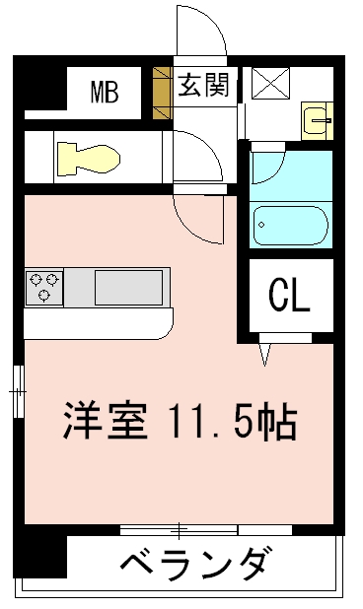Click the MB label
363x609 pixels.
[x=105, y=92]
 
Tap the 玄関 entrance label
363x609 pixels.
[x=203, y=85]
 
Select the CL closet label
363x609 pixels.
[x=290, y=296]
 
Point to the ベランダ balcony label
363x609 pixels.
[x=194, y=563]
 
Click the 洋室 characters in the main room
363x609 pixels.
[x=106, y=421]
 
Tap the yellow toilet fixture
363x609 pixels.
[x=89, y=158]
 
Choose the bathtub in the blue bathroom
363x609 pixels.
[x=291, y=226]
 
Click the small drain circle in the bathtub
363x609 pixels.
[x=261, y=225]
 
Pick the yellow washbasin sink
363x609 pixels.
[x=318, y=121]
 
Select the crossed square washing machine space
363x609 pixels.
[x=270, y=83]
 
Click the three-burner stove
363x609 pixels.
[x=44, y=288]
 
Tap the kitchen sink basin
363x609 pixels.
[x=128, y=288]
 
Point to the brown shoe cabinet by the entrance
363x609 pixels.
[x=162, y=94]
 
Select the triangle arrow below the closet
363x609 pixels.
[x=265, y=355]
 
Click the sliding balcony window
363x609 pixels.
[x=206, y=530]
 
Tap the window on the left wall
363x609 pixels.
[x=19, y=391]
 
